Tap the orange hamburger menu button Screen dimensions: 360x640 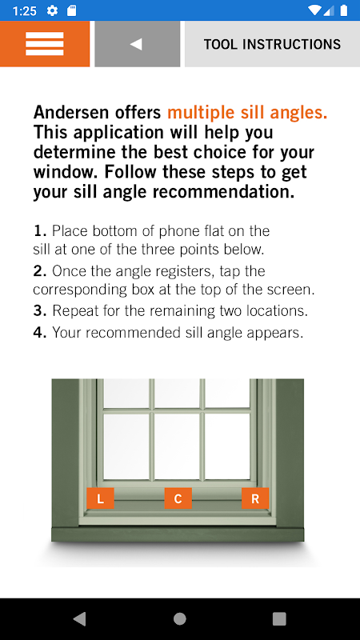coord(45,44)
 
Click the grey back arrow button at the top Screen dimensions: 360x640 coord(137,44)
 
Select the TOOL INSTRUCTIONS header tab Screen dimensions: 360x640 coord(272,44)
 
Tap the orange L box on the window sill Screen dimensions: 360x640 coord(100,498)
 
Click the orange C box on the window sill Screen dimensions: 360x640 coord(178,498)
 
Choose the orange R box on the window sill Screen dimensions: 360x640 coord(255,498)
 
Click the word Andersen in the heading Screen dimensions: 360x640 coord(97,112)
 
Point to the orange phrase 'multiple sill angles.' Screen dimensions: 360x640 coord(247,112)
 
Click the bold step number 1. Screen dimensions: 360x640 coord(40,231)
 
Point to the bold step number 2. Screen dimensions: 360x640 coord(40,271)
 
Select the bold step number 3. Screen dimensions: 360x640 coord(40,311)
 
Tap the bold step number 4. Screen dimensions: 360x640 coord(40,333)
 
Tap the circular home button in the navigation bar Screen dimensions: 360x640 coord(179,618)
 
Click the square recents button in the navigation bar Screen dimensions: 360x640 coord(279,618)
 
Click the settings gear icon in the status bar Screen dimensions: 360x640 coord(52,10)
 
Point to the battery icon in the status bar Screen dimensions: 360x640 coord(344,10)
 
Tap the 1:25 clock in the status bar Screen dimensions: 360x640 coord(25,10)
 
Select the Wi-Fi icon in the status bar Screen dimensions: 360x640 coord(314,10)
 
